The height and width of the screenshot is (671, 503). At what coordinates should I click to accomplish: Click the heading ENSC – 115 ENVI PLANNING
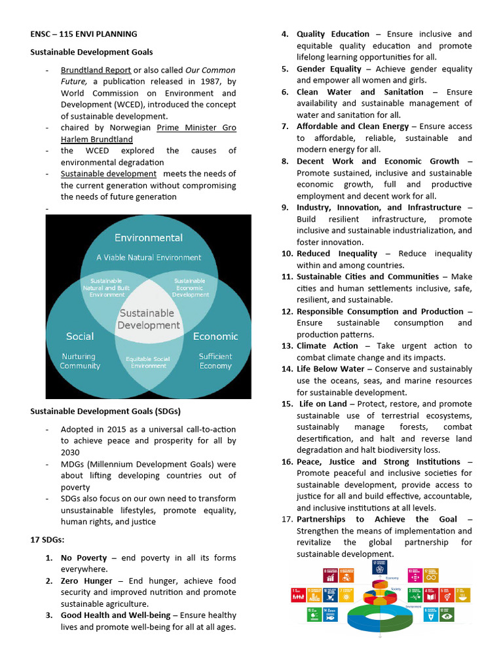point(84,34)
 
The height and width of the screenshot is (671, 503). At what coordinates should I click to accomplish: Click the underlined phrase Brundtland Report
point(96,70)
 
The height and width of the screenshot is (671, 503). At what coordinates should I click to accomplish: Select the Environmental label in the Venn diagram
point(149,238)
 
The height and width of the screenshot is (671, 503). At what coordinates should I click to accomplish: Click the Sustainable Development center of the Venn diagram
point(148,319)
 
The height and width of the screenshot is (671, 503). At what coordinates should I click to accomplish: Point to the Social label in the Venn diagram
point(80,336)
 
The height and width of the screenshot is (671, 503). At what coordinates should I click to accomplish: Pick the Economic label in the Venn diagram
point(215,336)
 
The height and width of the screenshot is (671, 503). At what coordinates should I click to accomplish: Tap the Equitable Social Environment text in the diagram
point(149,362)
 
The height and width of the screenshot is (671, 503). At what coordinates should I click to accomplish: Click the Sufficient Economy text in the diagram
point(215,361)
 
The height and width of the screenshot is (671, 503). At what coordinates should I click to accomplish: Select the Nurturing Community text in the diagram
point(80,361)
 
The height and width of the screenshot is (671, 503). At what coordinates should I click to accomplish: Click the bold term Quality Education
point(333,34)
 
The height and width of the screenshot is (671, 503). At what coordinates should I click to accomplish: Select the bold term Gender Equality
point(329,69)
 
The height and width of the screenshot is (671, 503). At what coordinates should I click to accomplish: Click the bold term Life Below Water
point(330,369)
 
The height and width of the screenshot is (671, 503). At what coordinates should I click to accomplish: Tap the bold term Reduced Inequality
point(337,254)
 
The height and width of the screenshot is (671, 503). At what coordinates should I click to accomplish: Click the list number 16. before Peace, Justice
point(287,461)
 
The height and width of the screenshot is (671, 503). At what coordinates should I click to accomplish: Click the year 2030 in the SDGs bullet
point(70,452)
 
